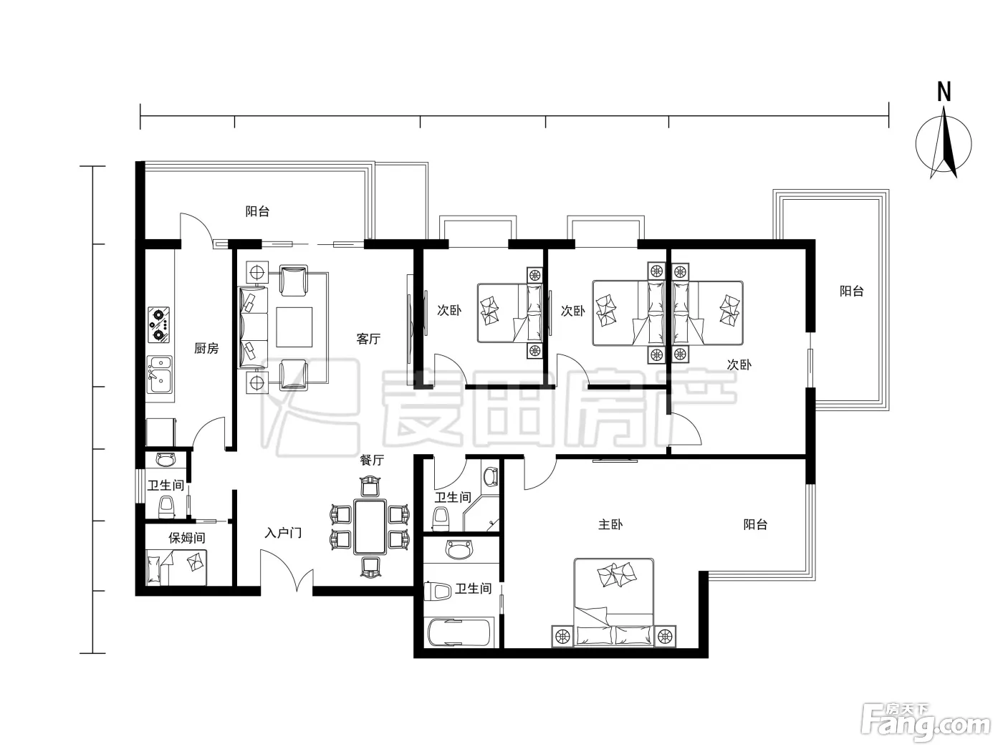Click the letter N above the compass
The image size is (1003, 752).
(944, 92)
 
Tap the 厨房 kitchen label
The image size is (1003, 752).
(206, 348)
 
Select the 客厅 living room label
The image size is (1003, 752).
(368, 339)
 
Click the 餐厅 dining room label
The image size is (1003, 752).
(372, 460)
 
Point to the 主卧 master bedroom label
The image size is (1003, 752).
(610, 525)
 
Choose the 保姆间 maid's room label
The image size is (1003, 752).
(186, 538)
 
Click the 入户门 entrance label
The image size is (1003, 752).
(283, 533)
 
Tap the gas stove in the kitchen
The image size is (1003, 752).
(158, 324)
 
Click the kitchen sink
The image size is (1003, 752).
(160, 375)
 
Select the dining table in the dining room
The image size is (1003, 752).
(370, 527)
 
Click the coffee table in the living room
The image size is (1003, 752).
(294, 327)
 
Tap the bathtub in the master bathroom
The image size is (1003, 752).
(461, 632)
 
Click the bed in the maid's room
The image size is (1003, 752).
(176, 567)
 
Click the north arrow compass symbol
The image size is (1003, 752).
(944, 143)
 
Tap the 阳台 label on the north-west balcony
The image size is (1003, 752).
(257, 211)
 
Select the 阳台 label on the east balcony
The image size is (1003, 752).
(852, 291)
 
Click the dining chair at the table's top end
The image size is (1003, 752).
(370, 486)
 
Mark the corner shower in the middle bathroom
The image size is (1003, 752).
(481, 513)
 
